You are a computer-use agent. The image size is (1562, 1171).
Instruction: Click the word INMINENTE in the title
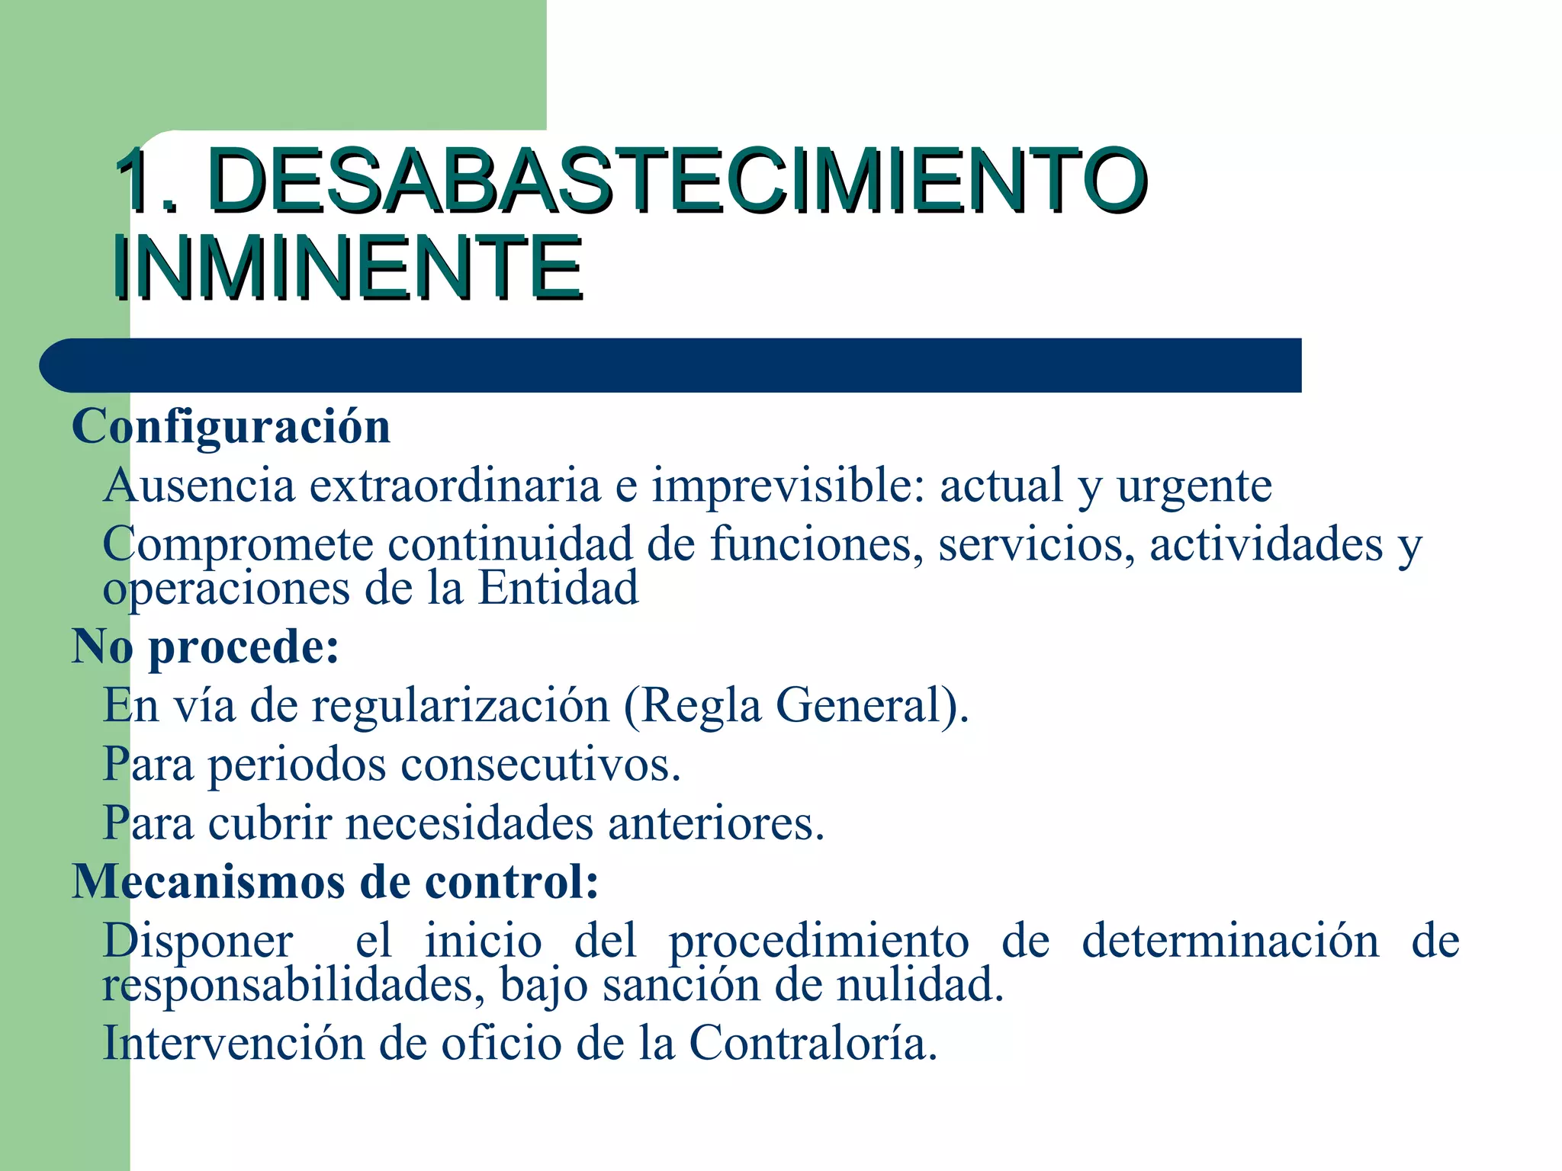click(347, 268)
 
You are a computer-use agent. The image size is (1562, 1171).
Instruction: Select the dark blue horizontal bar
click(671, 365)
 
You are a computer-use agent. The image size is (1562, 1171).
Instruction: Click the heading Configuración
click(231, 426)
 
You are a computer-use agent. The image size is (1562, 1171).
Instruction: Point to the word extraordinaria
click(455, 486)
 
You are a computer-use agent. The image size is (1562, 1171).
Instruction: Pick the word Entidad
click(558, 589)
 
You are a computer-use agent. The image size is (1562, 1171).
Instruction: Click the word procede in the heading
click(243, 648)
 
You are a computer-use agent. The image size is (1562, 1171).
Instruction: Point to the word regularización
click(460, 706)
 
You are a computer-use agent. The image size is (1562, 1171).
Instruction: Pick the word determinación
click(1230, 941)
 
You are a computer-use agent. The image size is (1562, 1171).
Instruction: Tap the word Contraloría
click(813, 1043)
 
